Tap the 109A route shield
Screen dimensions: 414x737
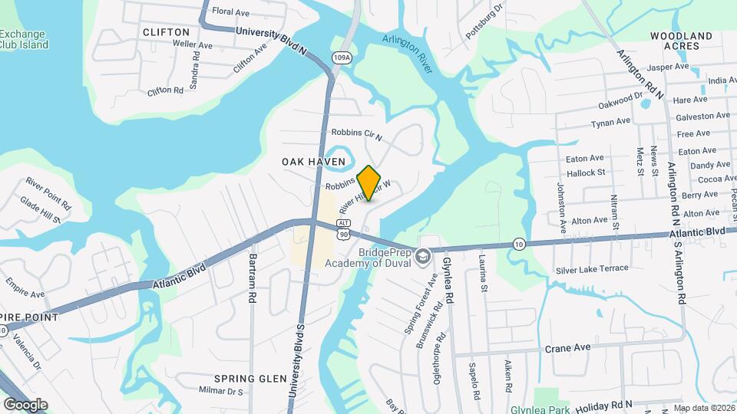click(342, 57)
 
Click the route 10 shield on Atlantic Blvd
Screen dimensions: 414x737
click(520, 244)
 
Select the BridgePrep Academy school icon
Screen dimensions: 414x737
click(421, 257)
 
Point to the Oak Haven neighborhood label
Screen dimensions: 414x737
click(313, 162)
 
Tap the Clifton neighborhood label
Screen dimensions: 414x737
click(166, 32)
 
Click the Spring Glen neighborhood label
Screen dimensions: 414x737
click(240, 379)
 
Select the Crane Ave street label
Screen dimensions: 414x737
click(567, 347)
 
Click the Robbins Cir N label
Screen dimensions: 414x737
click(357, 133)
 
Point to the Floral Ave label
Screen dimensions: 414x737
click(231, 11)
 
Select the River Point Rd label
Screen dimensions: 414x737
click(48, 184)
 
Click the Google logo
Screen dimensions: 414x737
click(25, 404)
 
